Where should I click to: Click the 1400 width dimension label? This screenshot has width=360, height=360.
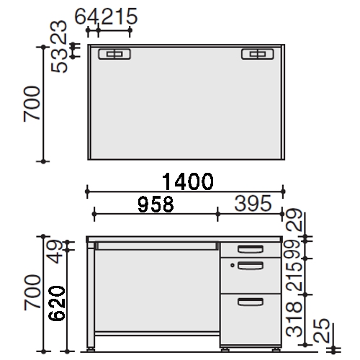[188, 181]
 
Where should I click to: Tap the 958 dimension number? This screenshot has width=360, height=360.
[156, 204]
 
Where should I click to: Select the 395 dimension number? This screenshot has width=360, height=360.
[253, 203]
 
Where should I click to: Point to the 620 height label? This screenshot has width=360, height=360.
[57, 303]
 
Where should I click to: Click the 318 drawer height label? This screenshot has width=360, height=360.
[294, 319]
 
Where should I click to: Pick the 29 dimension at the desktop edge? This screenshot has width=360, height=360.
[294, 220]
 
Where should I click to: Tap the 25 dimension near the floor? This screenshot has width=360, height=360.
[322, 330]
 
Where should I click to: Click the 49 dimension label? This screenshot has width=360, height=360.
[54, 251]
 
